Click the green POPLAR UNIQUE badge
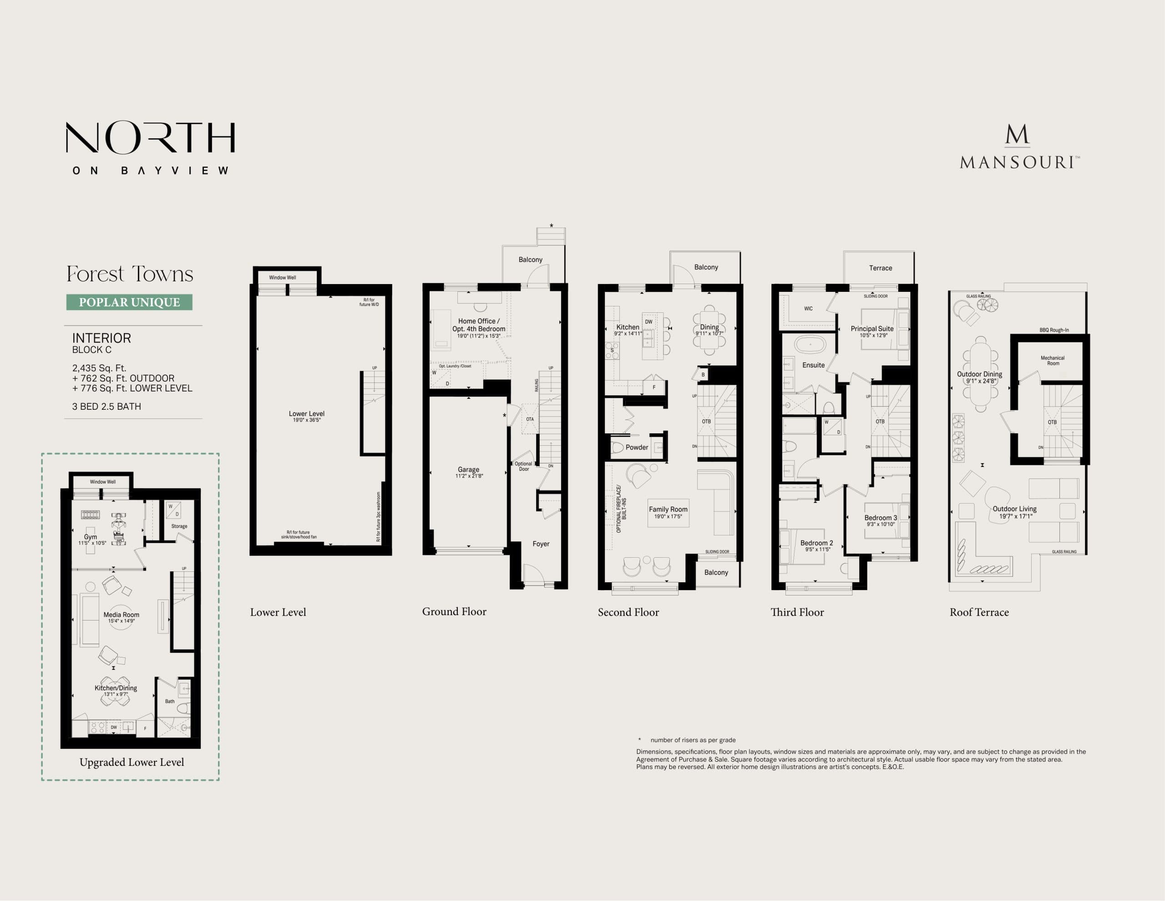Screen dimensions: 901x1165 click(129, 302)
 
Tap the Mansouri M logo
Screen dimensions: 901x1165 click(1017, 136)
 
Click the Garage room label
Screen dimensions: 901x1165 click(468, 470)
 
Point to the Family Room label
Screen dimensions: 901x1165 click(668, 509)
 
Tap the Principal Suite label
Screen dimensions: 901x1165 click(871, 329)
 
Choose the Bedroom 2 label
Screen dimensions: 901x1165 click(816, 543)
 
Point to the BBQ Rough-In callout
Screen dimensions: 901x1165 click(1054, 330)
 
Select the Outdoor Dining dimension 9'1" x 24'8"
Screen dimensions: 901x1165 click(980, 381)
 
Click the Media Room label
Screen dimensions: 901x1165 click(121, 614)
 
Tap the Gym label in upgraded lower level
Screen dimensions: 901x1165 click(90, 537)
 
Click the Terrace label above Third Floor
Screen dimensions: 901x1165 click(880, 268)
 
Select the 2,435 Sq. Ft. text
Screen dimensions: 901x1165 click(99, 368)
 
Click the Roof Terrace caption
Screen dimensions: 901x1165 click(979, 612)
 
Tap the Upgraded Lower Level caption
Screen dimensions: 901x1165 click(132, 762)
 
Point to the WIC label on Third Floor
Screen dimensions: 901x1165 click(808, 309)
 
